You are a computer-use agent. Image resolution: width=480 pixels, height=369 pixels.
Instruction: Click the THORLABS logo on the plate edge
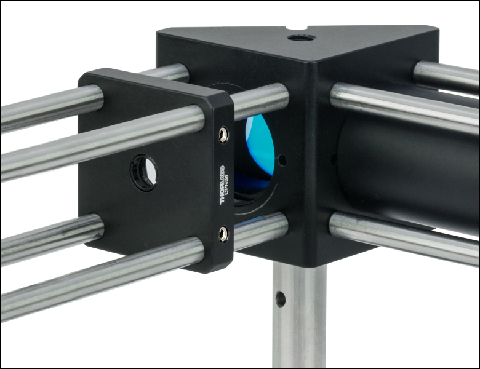[x=222, y=185]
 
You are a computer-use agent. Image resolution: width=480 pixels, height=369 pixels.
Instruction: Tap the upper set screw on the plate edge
[x=223, y=134]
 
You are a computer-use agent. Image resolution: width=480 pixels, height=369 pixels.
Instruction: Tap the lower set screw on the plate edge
[x=223, y=234]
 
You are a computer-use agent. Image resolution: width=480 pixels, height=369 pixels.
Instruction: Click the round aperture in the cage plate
[x=144, y=172]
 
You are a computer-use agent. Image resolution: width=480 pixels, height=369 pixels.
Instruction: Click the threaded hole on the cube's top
[x=302, y=38]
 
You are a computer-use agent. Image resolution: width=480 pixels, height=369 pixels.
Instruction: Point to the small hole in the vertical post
[x=281, y=298]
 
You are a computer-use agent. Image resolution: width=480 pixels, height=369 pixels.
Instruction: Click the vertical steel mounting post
[x=299, y=315]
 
